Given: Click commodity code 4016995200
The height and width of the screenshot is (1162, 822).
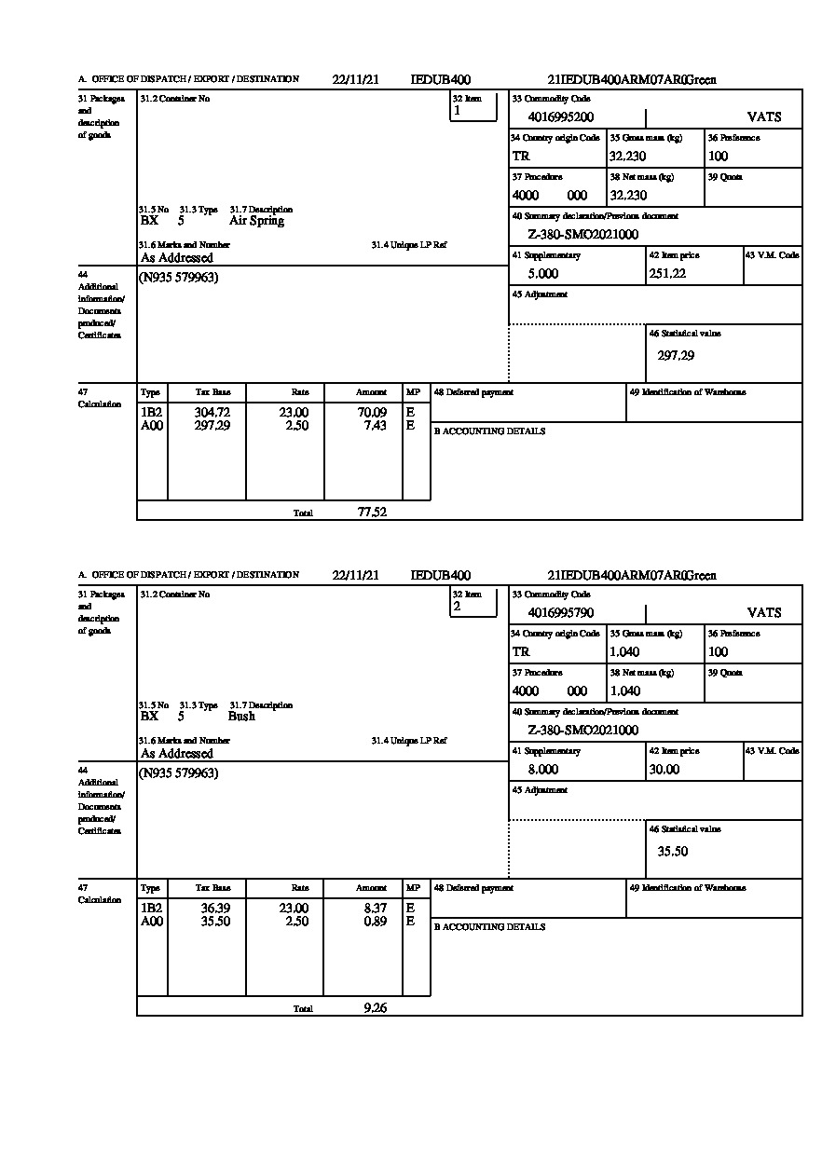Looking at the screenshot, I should [560, 117].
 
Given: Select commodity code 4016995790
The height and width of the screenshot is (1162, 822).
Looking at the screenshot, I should [560, 613].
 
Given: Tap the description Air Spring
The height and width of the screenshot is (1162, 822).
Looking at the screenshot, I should [256, 222].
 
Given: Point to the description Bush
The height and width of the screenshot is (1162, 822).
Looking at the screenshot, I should [241, 717].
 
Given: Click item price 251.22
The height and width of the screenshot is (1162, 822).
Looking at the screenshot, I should [667, 274].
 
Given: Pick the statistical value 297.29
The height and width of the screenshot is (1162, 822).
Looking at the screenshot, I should [676, 355].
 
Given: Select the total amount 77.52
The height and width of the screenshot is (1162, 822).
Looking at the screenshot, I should [372, 512].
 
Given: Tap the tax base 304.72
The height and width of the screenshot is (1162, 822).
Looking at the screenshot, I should [212, 413].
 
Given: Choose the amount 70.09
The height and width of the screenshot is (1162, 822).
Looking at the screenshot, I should [371, 413].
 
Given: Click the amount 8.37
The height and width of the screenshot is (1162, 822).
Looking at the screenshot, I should [375, 909].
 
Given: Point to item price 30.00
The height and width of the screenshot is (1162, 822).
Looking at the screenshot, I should [664, 770].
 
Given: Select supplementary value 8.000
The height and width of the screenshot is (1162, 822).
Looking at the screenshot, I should [542, 770].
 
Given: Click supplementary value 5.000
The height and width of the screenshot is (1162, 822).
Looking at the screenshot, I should [542, 274].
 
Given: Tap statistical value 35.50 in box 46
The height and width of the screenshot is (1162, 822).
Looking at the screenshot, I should [673, 851].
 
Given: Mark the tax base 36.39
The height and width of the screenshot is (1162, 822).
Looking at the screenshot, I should [215, 909].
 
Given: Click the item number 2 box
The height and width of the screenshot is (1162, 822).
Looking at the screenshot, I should [473, 603].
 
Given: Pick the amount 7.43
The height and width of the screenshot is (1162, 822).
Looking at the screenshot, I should [375, 426].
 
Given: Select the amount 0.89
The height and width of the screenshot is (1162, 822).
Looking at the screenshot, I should [375, 922].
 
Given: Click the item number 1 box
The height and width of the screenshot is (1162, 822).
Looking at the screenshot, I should [473, 107].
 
